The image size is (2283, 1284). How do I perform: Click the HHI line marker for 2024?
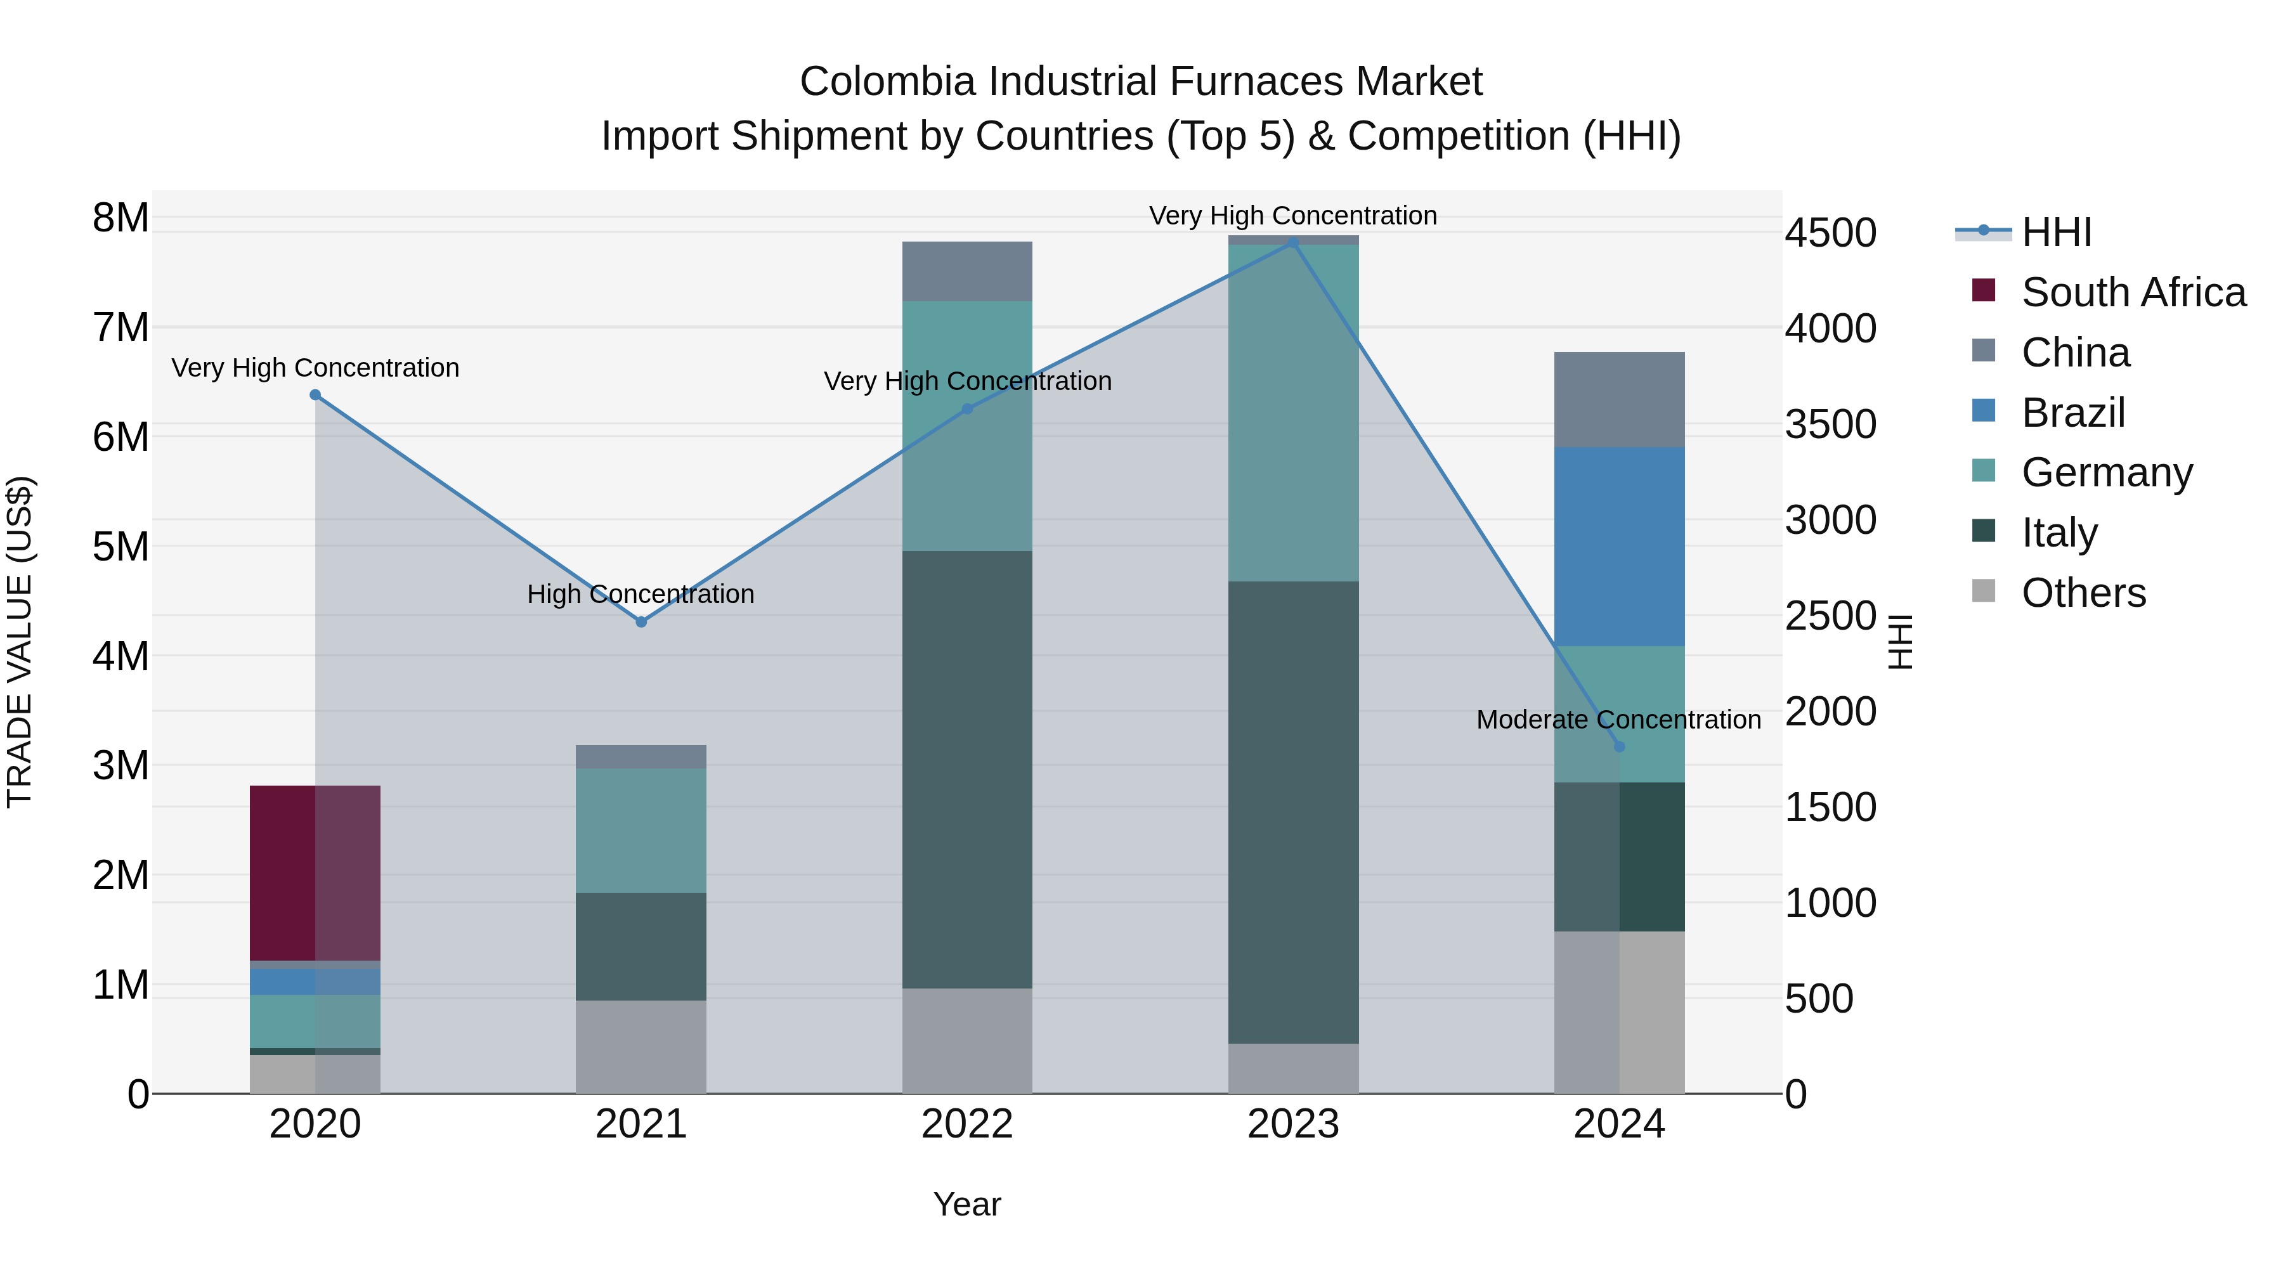click(1619, 747)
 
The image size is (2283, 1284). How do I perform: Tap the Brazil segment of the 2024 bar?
click(1619, 546)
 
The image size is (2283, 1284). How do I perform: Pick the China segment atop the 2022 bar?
click(967, 271)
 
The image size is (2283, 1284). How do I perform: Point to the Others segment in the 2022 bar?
click(967, 1041)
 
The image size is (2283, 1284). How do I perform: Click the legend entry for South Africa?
click(2132, 292)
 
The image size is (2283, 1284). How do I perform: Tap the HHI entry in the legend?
click(2056, 232)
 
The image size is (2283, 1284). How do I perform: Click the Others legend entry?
click(2083, 593)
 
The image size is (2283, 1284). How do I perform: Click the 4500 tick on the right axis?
click(1830, 233)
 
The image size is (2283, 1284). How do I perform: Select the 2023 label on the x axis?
click(1293, 1124)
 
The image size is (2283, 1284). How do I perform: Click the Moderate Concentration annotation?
click(1618, 720)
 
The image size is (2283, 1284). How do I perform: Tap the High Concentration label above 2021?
click(641, 593)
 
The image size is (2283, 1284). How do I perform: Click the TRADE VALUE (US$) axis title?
click(20, 642)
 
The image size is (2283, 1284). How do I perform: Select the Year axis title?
click(967, 1204)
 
